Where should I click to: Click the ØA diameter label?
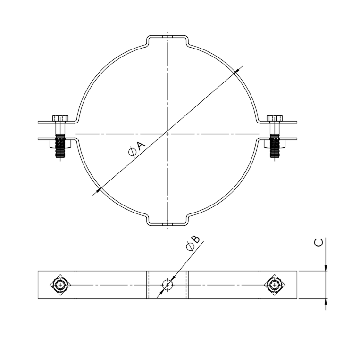137,149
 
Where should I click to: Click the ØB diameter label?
193,243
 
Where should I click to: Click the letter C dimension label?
318,243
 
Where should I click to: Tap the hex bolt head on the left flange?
60,118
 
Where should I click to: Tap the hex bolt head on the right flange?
275,118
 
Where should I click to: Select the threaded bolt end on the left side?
60,147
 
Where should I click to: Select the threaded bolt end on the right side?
275,147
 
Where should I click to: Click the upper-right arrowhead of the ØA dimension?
235,72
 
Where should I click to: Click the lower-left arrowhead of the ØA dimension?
99,190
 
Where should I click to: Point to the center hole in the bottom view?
167,285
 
